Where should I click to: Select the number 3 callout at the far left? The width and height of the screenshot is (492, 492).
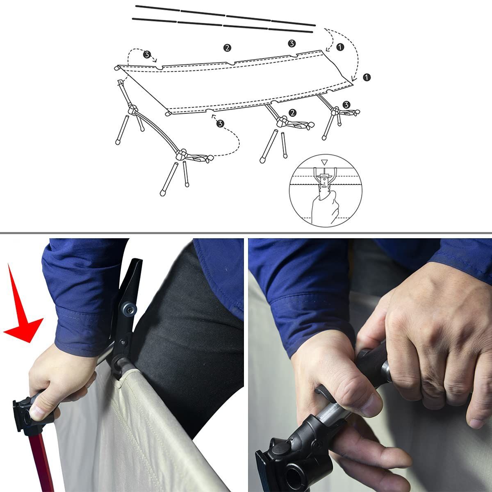click(x=146, y=54)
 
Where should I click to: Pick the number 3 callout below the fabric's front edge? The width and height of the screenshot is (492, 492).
click(x=221, y=123)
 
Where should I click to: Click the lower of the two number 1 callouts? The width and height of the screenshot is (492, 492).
click(x=367, y=77)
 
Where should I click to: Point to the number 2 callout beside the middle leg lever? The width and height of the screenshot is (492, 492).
click(x=292, y=112)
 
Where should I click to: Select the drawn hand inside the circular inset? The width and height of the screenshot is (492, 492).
click(x=324, y=207)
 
